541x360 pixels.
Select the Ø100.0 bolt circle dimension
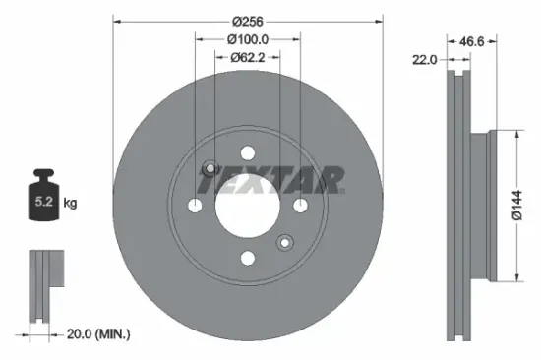(247, 39)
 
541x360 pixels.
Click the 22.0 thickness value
(425, 59)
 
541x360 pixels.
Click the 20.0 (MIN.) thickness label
(98, 334)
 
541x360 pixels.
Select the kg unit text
(70, 203)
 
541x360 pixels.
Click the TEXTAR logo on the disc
(272, 180)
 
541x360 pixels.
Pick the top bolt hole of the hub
(248, 151)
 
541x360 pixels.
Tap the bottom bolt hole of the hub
(248, 258)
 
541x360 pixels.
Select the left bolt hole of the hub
(196, 205)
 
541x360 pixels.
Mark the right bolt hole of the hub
(300, 205)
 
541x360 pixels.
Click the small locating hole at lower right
(285, 241)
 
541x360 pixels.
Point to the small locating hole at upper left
(210, 168)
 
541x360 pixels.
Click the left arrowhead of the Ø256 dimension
(117, 19)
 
